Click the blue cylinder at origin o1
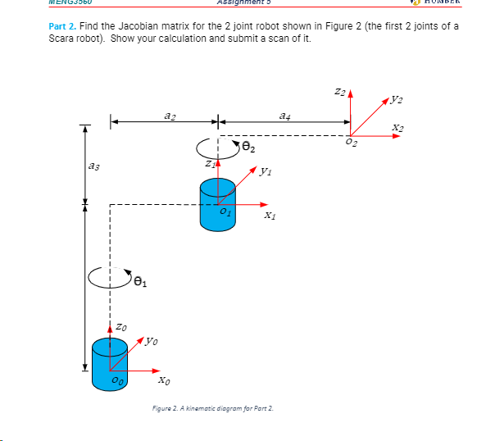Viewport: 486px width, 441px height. click(x=217, y=202)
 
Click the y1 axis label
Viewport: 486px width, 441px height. click(x=264, y=172)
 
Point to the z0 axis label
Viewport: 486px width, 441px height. click(x=121, y=327)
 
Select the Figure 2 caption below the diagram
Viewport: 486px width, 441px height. click(x=211, y=407)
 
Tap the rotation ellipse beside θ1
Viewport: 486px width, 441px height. click(x=110, y=279)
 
